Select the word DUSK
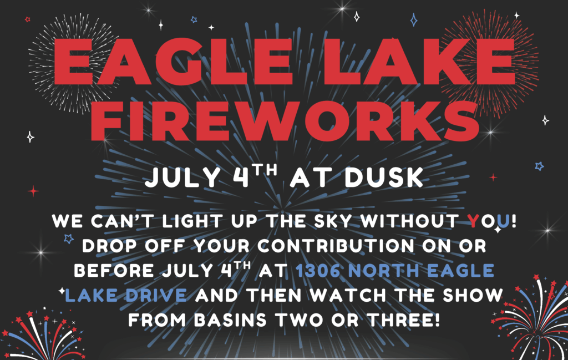(x=384, y=177)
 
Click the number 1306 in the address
(x=318, y=271)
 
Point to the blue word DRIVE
(x=156, y=295)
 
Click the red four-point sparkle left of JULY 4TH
(x=33, y=191)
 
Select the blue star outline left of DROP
(x=68, y=239)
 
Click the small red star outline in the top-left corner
(x=28, y=19)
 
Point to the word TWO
(x=299, y=320)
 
